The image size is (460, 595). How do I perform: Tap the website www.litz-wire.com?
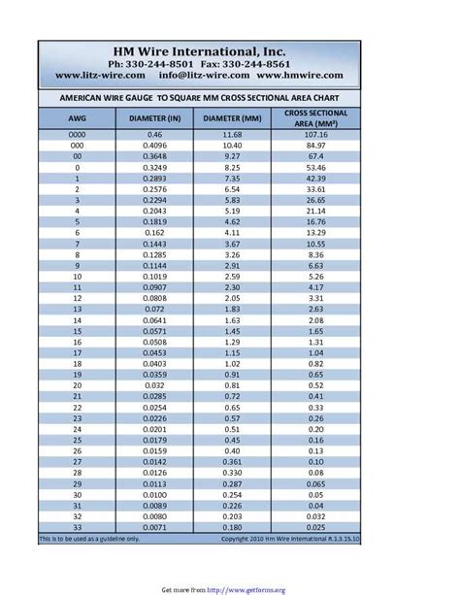101,75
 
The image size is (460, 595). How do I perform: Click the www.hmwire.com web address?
300,75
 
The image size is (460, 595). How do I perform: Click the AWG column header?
77,118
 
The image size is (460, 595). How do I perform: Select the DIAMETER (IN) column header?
155,118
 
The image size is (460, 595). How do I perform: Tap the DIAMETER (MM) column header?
232,118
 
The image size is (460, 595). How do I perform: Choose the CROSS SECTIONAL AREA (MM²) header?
316,118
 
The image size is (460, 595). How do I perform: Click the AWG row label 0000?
77,134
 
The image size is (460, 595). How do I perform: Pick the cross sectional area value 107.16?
316,134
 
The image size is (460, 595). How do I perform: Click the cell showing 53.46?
316,167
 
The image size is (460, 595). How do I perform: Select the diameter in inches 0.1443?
155,244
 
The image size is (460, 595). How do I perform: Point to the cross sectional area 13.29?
316,232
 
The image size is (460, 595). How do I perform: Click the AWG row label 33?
77,527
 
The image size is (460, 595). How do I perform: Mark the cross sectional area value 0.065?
316,483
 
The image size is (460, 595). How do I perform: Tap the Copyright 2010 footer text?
290,539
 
